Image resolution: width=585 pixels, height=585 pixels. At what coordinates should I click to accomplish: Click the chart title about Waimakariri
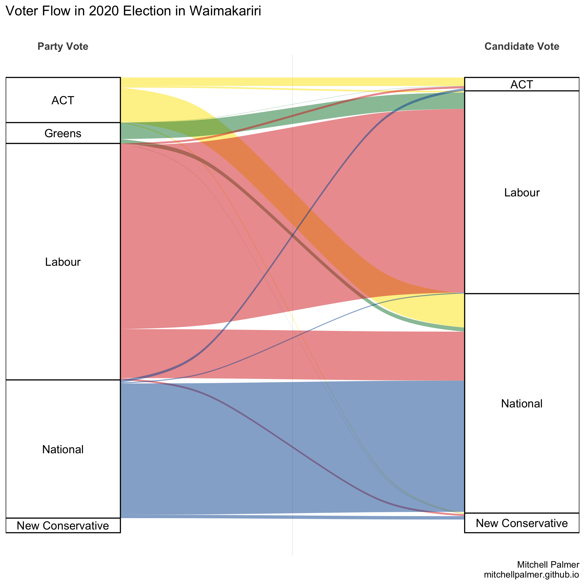133,11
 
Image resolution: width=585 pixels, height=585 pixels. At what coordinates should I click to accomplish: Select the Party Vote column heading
63,46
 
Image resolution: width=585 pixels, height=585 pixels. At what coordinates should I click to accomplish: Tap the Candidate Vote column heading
522,46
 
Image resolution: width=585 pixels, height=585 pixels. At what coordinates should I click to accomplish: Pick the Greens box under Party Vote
63,133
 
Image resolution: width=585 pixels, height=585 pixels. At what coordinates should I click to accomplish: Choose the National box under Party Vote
63,449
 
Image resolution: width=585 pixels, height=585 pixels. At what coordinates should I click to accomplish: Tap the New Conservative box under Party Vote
63,526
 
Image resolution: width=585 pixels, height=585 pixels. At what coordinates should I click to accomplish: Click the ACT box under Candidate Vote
522,84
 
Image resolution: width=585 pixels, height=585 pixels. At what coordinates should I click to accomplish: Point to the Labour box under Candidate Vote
522,193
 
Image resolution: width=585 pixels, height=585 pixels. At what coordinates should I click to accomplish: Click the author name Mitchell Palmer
548,565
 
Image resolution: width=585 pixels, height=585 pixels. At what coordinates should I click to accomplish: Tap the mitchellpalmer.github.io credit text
532,575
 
